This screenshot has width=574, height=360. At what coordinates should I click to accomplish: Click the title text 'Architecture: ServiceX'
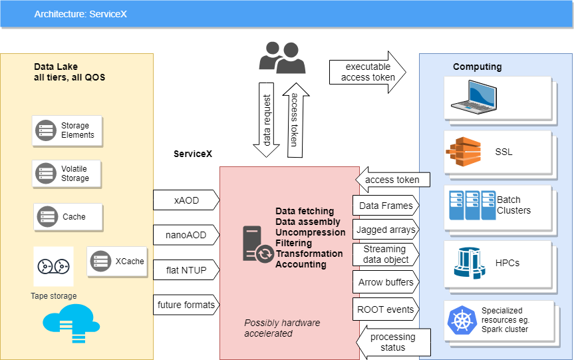(x=80, y=13)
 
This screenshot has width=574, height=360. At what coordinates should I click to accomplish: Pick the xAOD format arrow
(x=186, y=200)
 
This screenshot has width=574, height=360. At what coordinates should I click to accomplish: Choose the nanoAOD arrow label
(x=186, y=234)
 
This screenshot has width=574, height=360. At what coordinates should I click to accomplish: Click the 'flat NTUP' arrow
(x=186, y=270)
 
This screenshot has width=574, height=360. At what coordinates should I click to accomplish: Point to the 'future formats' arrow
(x=186, y=305)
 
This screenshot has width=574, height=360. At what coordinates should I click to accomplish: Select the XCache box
(x=117, y=262)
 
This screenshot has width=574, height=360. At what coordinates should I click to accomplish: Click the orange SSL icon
(x=463, y=152)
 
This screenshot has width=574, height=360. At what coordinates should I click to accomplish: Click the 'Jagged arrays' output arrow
(x=386, y=230)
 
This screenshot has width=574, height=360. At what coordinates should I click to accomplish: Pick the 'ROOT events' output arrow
(x=386, y=309)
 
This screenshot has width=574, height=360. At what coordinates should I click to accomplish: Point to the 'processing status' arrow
(x=392, y=341)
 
